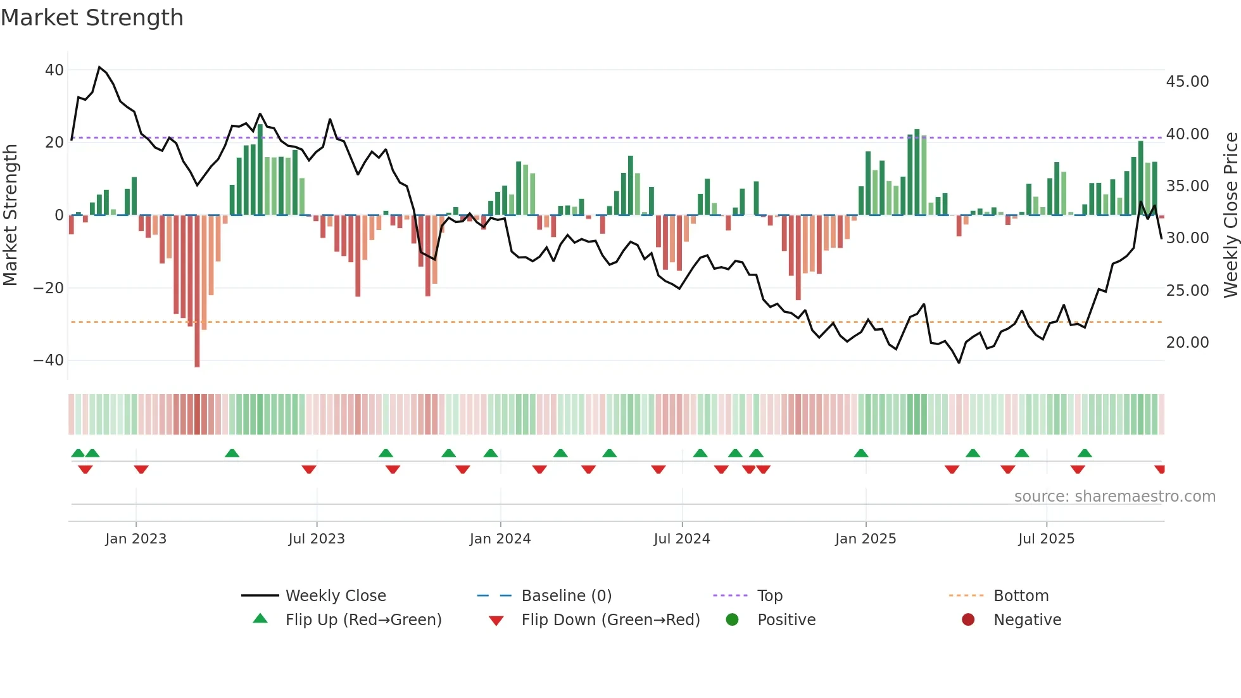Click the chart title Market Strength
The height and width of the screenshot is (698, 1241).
(92, 18)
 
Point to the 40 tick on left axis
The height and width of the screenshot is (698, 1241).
(54, 70)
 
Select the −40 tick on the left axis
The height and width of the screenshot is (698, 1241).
(49, 360)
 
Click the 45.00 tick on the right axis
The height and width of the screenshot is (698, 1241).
(1187, 82)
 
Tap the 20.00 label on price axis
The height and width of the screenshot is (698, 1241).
(1187, 343)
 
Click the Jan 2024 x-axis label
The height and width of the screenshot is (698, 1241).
(500, 539)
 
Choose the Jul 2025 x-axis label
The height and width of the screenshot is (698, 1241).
(1046, 539)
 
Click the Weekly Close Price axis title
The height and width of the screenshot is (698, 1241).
(1230, 215)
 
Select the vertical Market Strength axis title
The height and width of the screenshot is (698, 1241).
(11, 215)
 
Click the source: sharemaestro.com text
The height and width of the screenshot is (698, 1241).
(1114, 497)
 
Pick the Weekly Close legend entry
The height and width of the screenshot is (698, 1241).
(336, 596)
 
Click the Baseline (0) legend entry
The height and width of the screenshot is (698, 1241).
(566, 596)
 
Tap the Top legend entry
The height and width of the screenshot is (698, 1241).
(770, 596)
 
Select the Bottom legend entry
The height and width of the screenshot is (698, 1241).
(1021, 596)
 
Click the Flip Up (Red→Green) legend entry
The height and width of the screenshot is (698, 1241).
(363, 620)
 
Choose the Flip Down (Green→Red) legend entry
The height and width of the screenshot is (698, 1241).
(610, 620)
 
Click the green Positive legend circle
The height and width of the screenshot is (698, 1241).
(733, 620)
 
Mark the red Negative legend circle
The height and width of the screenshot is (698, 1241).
(968, 620)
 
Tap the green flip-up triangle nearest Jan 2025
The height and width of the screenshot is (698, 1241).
(860, 454)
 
